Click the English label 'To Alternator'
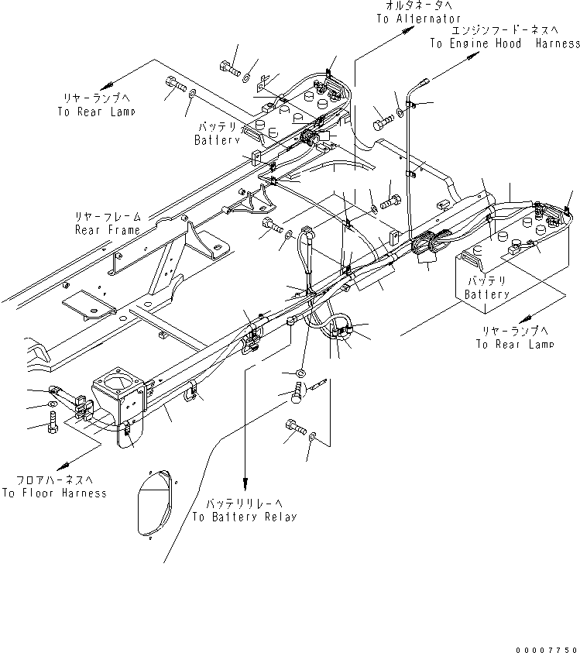(418, 19)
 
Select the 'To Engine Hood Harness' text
(505, 44)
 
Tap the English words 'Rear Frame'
(108, 230)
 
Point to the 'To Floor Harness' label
(54, 493)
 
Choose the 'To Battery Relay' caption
(244, 517)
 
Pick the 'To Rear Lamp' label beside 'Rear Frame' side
(96, 112)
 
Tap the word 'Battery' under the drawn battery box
(487, 295)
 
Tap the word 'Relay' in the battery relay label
(280, 517)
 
